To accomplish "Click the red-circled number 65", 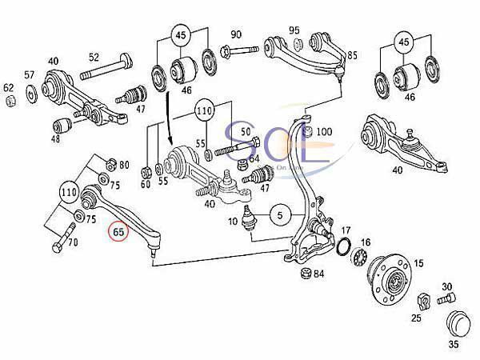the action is [118, 231].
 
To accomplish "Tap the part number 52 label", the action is [94, 58].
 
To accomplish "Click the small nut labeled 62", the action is [11, 101].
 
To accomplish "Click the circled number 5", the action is [280, 215].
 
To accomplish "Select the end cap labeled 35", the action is [458, 324].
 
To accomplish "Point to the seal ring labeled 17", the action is [343, 245].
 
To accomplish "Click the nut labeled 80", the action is [111, 164].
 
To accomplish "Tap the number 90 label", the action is [235, 34].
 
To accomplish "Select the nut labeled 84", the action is [306, 273].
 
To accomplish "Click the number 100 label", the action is [324, 132].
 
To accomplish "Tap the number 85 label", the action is [352, 55].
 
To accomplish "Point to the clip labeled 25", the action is [424, 301].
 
